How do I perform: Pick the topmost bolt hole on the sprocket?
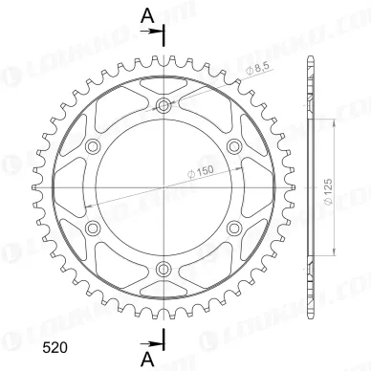[x=164, y=106]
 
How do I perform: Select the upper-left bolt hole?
[x=94, y=146]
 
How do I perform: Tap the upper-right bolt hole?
[x=233, y=146]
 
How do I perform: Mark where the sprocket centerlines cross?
[x=164, y=186]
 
